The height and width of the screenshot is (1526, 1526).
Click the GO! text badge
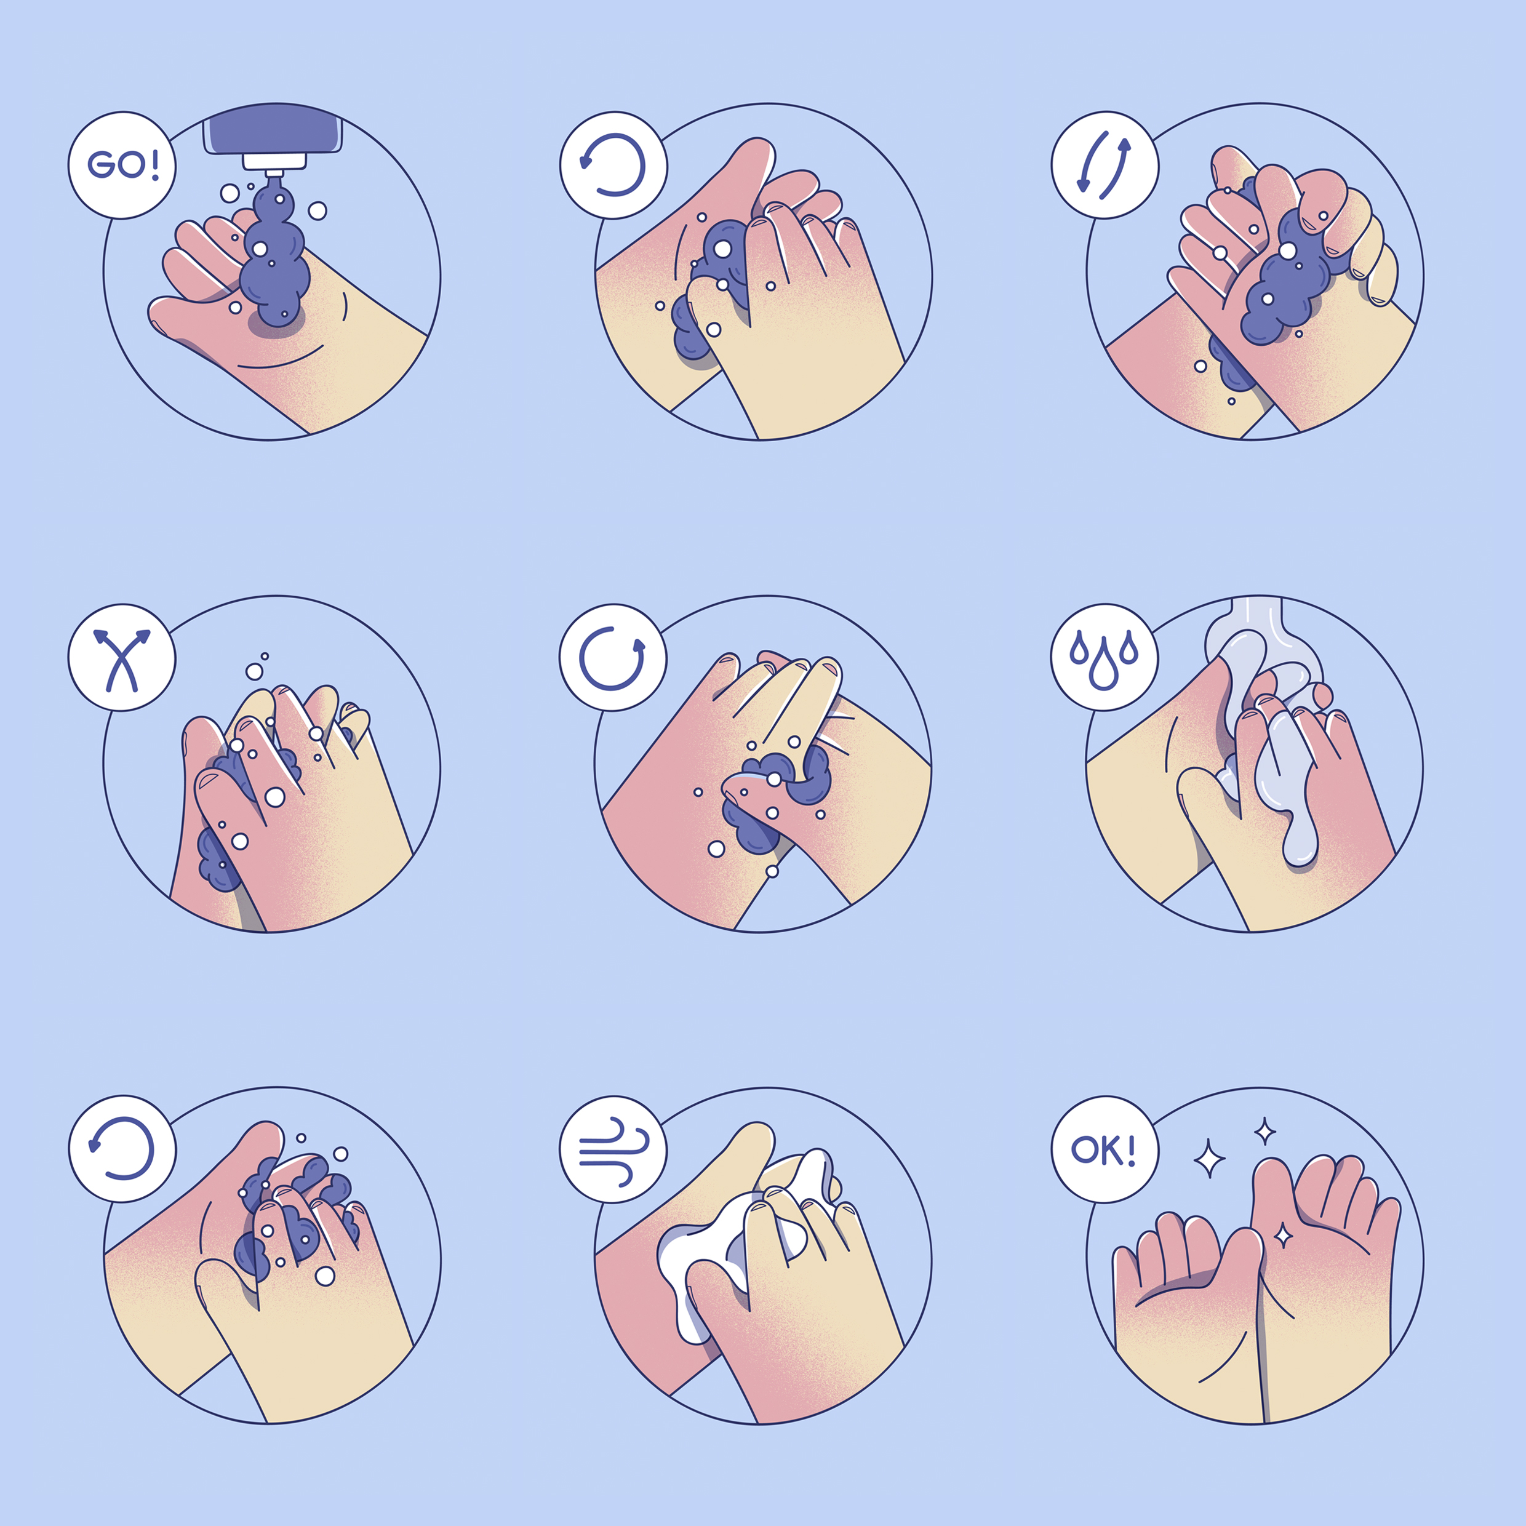coord(122,165)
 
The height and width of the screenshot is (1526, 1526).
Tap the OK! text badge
coord(1105,1149)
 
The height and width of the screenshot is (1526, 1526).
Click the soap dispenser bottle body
coord(273,128)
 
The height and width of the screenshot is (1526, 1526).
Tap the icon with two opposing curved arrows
coord(1105,164)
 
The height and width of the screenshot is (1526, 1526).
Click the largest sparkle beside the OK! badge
coord(1208,1159)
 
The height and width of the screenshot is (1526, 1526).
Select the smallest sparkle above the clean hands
coord(1265,1131)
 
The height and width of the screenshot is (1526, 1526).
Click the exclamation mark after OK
coord(1130,1149)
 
